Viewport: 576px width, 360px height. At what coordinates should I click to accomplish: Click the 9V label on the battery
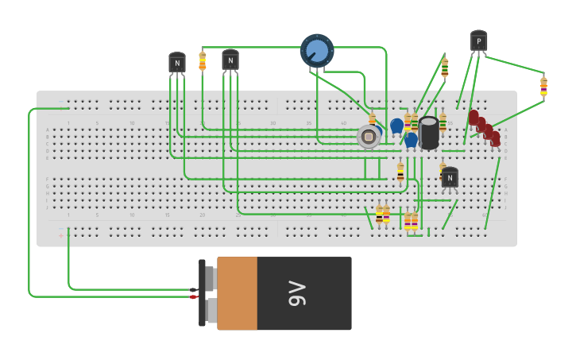[x=296, y=293]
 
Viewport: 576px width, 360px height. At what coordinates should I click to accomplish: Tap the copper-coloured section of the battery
[x=237, y=293]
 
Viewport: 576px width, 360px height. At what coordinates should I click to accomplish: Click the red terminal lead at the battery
[x=194, y=297]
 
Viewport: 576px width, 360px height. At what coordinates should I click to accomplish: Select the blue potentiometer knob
[x=317, y=51]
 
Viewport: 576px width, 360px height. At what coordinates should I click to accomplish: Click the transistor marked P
[x=478, y=41]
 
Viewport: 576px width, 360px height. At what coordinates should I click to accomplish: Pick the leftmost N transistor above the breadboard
[x=177, y=63]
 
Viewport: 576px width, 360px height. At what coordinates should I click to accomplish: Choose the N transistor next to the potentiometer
[x=230, y=60]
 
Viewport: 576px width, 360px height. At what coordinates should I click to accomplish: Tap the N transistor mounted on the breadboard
[x=450, y=178]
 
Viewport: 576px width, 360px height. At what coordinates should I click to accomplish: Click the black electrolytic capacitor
[x=429, y=132]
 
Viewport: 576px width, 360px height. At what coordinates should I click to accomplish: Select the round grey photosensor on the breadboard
[x=368, y=137]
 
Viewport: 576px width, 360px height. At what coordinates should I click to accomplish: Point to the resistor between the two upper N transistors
[x=203, y=60]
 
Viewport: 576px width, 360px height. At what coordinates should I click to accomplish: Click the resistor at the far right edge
[x=543, y=86]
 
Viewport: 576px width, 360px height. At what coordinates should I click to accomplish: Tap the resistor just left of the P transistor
[x=445, y=68]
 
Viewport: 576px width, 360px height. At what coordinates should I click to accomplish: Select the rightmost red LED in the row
[x=496, y=138]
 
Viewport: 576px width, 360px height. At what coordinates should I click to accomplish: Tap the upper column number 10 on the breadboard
[x=132, y=123]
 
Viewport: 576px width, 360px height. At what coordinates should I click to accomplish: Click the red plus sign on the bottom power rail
[x=61, y=235]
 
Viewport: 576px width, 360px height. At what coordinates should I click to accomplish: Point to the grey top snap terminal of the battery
[x=211, y=278]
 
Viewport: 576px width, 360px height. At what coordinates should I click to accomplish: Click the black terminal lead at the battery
[x=194, y=289]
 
